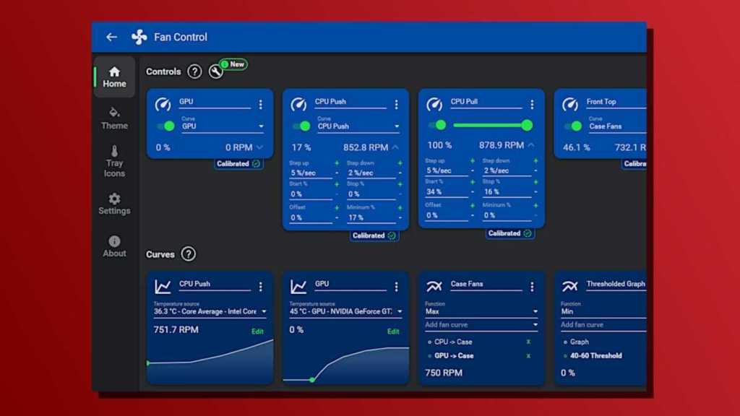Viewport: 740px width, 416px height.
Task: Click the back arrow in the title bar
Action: coord(111,38)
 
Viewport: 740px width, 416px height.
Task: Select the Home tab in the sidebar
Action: coord(114,77)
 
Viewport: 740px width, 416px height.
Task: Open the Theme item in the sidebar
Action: coord(114,118)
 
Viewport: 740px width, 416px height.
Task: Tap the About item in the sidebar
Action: coord(114,246)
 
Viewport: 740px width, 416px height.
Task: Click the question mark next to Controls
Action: coord(194,71)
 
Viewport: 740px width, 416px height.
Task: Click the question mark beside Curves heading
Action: coord(189,254)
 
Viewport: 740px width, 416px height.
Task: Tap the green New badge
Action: coord(233,64)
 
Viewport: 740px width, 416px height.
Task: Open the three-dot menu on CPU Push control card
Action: coord(396,105)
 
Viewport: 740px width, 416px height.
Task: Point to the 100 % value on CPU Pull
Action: coord(439,145)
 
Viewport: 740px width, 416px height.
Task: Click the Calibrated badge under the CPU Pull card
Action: coord(509,233)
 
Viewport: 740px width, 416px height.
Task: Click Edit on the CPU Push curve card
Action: coord(257,331)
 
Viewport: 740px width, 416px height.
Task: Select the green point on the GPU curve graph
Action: coord(312,379)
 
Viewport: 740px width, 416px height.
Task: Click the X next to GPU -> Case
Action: coord(528,356)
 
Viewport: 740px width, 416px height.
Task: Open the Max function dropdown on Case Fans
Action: coord(481,312)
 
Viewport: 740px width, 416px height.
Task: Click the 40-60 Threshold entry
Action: coord(596,355)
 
